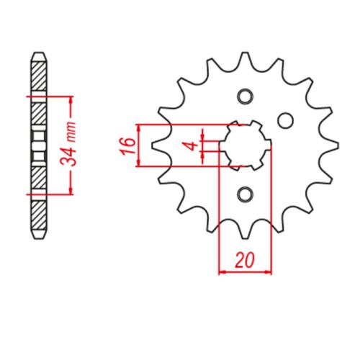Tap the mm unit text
pos(72,132)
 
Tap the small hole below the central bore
pos(245,194)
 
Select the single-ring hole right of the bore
pos(287,120)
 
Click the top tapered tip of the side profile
pos(39,55)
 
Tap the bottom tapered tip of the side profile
pos(39,238)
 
